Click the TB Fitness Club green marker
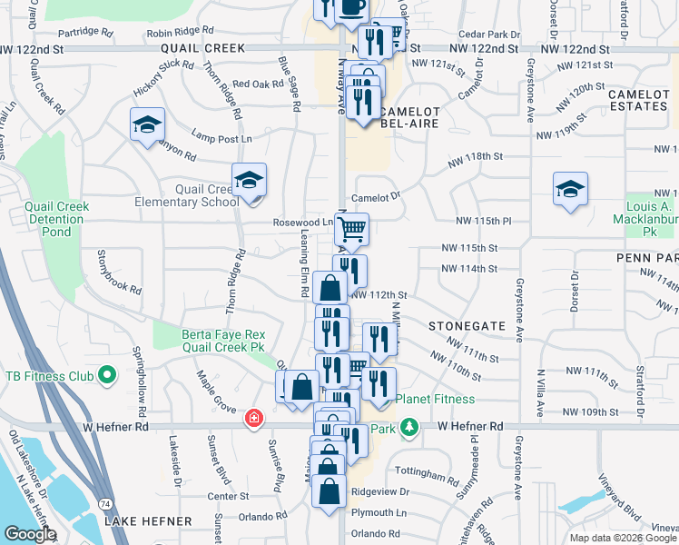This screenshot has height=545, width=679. click(x=107, y=375)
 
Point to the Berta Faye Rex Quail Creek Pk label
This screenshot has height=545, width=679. click(x=222, y=340)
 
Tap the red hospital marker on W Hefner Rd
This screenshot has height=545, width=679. click(x=255, y=419)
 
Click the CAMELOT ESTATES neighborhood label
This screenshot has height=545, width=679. click(x=638, y=100)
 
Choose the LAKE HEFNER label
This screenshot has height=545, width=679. click(x=148, y=521)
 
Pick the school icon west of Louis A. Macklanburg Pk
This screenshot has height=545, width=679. click(x=570, y=190)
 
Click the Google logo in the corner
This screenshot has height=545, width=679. click(x=29, y=533)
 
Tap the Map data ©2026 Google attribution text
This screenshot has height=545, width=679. click(x=623, y=538)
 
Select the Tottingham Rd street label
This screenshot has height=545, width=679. click(x=428, y=475)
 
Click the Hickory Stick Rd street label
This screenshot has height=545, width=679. click(x=164, y=73)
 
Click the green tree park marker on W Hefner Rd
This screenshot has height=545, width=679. click(x=410, y=426)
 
